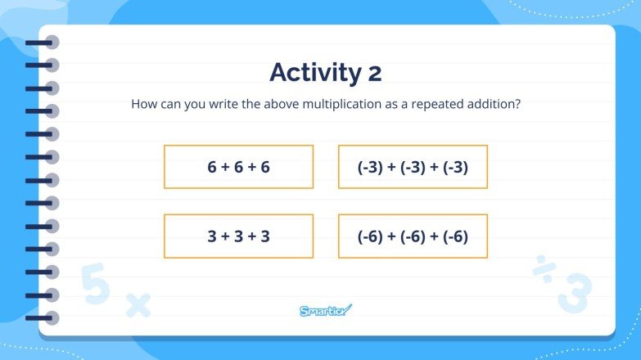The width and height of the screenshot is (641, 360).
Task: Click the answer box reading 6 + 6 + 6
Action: click(238, 167)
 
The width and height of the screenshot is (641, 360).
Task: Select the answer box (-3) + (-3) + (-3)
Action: click(413, 167)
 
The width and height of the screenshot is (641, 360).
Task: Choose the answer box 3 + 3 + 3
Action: click(238, 236)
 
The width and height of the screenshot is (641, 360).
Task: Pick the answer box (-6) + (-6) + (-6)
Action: click(413, 236)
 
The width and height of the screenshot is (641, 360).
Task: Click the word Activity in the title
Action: click(310, 73)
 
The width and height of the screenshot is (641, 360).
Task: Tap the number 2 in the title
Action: click(373, 74)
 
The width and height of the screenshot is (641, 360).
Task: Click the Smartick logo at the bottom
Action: click(325, 310)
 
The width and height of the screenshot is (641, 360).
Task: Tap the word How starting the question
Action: click(144, 105)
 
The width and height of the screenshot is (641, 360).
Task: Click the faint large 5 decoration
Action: click(95, 283)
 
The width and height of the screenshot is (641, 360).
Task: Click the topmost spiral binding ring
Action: click(45, 43)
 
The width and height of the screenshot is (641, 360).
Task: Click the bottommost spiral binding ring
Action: click(45, 317)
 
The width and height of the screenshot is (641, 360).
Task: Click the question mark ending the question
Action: click(518, 105)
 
